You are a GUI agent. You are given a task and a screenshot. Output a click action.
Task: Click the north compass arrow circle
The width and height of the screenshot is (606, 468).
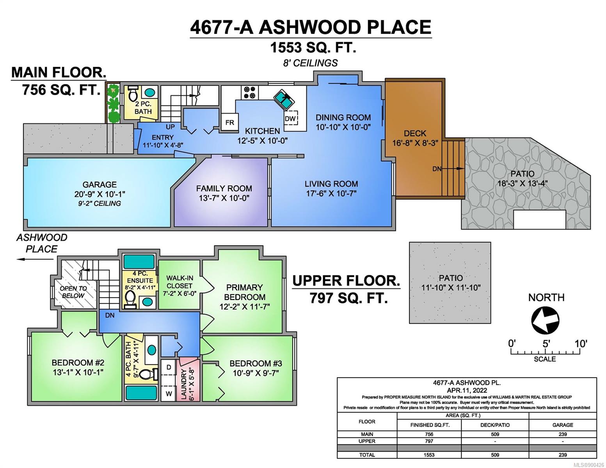point(545,320)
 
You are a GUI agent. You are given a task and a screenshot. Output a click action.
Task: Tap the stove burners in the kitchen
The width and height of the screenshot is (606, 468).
point(249,92)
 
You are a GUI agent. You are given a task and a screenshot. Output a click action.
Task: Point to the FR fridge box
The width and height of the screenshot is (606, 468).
point(230,122)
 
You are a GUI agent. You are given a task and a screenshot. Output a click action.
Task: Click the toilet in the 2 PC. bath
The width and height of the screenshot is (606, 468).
point(133,93)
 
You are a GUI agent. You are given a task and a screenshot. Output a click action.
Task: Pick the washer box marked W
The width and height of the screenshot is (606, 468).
point(169,394)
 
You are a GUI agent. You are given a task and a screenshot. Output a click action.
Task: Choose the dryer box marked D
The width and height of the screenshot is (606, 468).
point(169,367)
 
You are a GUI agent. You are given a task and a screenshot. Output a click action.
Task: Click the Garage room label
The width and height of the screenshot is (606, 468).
point(100,184)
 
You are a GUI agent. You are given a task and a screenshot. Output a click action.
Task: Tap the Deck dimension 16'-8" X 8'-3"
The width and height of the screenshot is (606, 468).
point(415,143)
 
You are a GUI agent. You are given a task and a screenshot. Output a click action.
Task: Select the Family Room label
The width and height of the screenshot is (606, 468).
point(224,188)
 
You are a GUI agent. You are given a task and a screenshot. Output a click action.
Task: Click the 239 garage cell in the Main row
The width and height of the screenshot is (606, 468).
point(563,434)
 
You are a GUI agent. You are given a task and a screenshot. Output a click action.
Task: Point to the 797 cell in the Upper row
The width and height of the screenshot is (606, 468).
point(429,441)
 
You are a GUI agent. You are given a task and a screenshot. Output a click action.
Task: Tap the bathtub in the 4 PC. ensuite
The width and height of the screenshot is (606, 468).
point(139,261)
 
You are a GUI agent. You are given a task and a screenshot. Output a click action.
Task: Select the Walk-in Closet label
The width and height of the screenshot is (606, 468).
point(179,282)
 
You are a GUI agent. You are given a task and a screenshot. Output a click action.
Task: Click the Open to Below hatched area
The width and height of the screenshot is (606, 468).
point(74,284)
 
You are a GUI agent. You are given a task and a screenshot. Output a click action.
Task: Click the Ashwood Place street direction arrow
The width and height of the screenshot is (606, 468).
point(35,259)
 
